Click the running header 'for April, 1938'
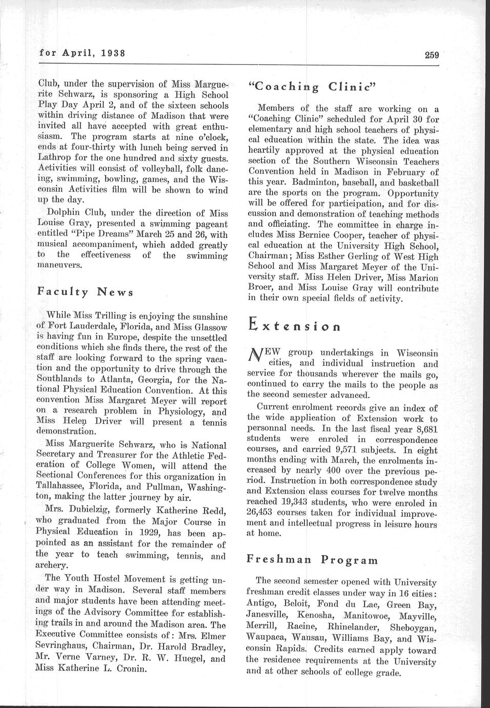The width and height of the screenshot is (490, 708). pyautogui.click(x=83, y=53)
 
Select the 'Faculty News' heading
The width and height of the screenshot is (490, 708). pyautogui.click(x=86, y=292)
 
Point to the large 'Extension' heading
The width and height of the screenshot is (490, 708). pyautogui.click(x=294, y=325)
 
